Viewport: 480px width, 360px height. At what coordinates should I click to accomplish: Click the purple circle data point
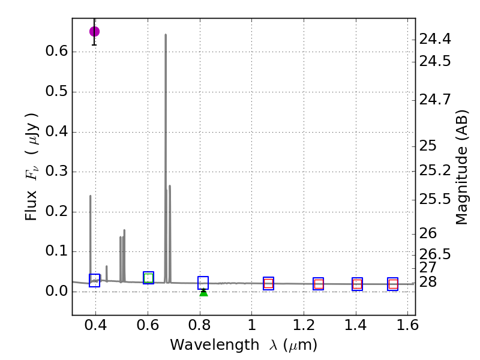click(94, 31)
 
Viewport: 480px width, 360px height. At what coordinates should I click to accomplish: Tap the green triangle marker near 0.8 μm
click(203, 292)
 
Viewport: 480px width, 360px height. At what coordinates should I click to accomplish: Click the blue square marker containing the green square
click(149, 278)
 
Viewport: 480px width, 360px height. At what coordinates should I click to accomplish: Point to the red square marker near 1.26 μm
click(319, 284)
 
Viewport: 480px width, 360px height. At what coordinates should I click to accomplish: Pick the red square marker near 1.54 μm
click(393, 284)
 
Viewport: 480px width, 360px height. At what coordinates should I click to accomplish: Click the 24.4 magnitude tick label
click(435, 40)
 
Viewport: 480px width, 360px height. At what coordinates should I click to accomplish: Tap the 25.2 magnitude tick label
click(435, 171)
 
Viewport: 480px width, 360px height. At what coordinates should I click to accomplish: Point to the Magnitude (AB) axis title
click(461, 167)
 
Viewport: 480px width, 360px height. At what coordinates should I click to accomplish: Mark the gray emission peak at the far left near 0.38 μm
click(91, 196)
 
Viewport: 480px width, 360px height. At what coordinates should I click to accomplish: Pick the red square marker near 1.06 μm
click(268, 284)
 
